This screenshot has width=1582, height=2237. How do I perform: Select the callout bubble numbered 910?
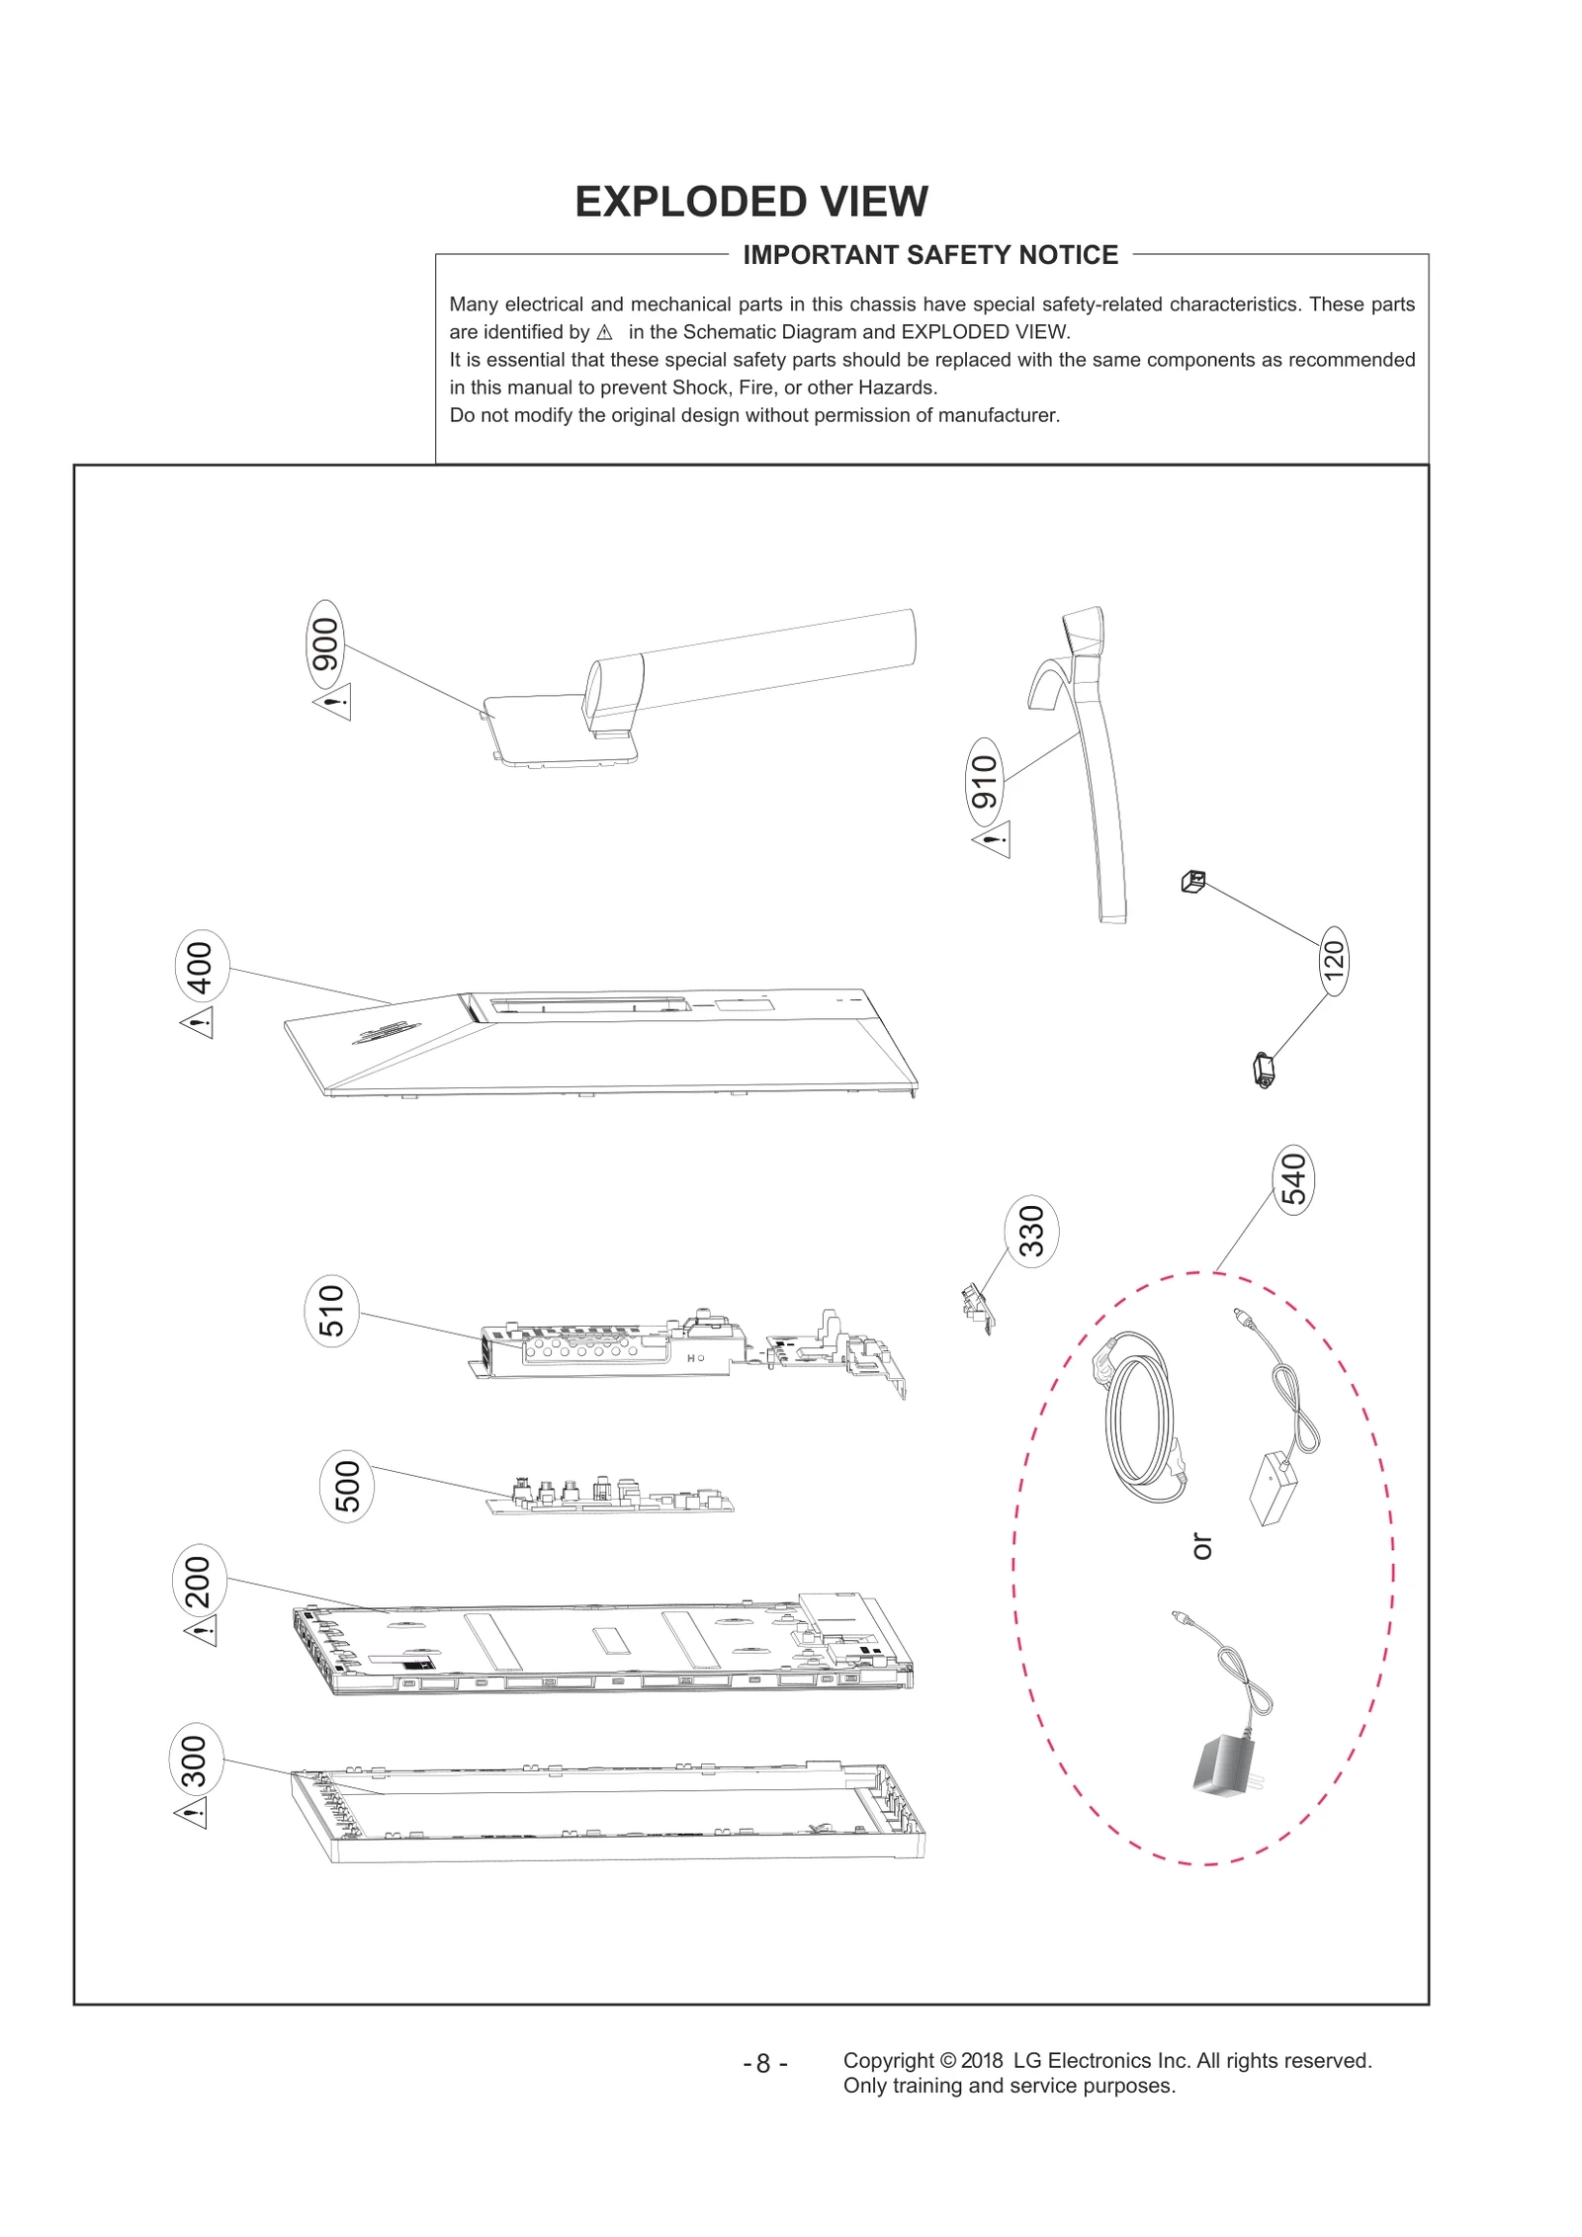pos(984,781)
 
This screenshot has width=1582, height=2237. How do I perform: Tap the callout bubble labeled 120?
pos(1334,961)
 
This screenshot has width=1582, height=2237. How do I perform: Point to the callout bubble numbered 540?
pos(1293,1179)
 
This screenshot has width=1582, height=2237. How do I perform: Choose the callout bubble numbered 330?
pos(1031,1231)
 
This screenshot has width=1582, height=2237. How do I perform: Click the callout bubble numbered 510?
pos(331,1311)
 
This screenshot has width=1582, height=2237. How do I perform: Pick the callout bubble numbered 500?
pos(347,1486)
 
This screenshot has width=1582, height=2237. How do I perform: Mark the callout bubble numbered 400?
pos(201,967)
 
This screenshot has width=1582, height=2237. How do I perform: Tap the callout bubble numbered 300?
pos(195,1761)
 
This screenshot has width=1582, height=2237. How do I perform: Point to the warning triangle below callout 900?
pos(333,704)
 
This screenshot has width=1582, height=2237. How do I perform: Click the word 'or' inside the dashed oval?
pos(1201,1547)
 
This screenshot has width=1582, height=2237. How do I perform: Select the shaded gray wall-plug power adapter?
pos(1225,1764)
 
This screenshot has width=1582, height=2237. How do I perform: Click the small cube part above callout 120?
pos(1193,881)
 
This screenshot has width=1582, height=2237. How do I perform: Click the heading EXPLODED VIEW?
pos(751,202)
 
